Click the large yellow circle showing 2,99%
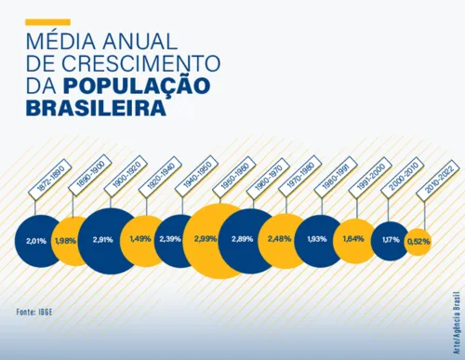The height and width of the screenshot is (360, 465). pos(215,240)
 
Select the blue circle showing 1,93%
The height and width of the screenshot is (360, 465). pos(318,241)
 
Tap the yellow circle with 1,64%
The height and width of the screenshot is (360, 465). pos(354,241)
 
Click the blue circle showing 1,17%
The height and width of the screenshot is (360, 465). pos(390,241)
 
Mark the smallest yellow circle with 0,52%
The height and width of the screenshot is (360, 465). pos(418,241)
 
